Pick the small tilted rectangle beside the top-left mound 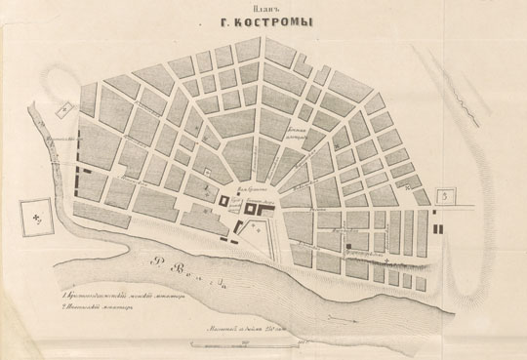pyautogui.click(x=62, y=112)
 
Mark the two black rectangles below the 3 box pyautogui.click(x=436, y=221)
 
